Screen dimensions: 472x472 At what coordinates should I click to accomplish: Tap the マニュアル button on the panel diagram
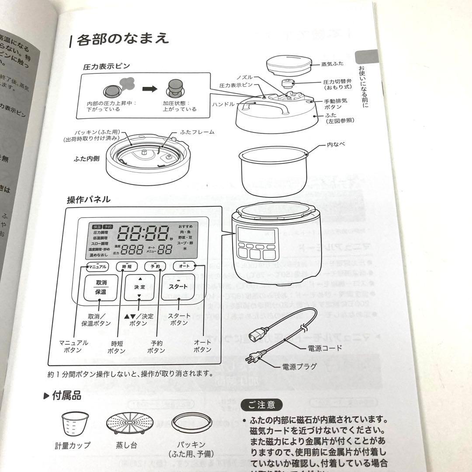(97, 266)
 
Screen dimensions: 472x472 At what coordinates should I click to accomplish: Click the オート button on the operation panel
(184, 266)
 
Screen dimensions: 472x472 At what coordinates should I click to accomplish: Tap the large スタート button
(178, 287)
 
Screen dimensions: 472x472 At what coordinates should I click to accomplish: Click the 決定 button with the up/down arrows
(140, 287)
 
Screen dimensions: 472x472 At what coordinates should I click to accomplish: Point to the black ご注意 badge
(262, 404)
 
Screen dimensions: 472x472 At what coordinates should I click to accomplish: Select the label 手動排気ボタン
(335, 103)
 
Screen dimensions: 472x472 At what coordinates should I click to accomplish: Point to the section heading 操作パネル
(89, 200)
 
